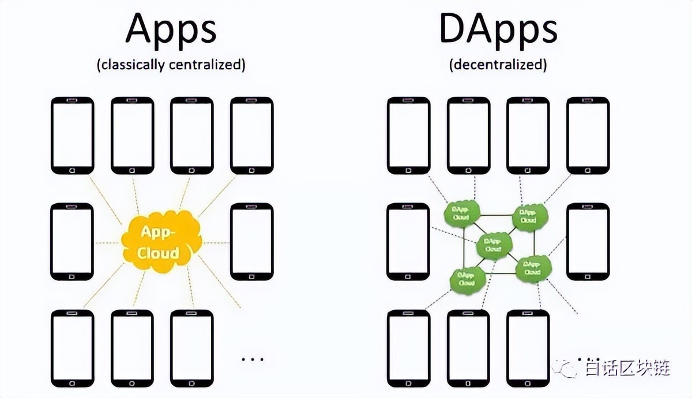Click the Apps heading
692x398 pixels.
pyautogui.click(x=171, y=29)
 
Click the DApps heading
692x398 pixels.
pyautogui.click(x=498, y=29)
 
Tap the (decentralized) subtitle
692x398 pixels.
pyautogui.click(x=498, y=64)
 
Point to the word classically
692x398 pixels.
pyautogui.click(x=134, y=64)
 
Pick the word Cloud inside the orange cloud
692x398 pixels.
pyautogui.click(x=159, y=253)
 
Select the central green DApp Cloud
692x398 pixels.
pyautogui.click(x=493, y=245)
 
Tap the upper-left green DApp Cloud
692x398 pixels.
pyautogui.click(x=461, y=213)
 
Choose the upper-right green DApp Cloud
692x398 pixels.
pyautogui.click(x=529, y=216)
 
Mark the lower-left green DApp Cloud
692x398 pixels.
pyautogui.click(x=466, y=279)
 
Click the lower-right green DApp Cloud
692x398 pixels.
pyautogui.click(x=532, y=268)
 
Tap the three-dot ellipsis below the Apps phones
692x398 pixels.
pyautogui.click(x=251, y=359)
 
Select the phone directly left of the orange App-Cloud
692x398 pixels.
pyautogui.click(x=72, y=242)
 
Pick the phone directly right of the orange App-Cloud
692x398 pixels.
pyautogui.click(x=252, y=242)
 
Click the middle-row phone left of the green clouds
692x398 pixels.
pyautogui.click(x=408, y=242)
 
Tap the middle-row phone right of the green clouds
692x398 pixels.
pyautogui.click(x=588, y=242)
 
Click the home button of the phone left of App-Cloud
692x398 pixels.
pyautogui.click(x=72, y=276)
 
